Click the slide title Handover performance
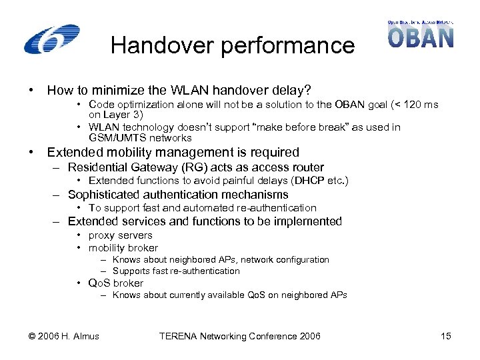tap(233, 45)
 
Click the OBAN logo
tap(420, 34)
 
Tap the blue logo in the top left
tap(52, 39)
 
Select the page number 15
tap(446, 336)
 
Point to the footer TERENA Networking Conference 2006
tap(239, 336)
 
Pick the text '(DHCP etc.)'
tap(323, 181)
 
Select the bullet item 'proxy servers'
tap(120, 235)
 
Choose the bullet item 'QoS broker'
tap(115, 283)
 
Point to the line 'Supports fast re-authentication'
tap(175, 271)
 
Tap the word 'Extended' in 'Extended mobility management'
tap(73, 153)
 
